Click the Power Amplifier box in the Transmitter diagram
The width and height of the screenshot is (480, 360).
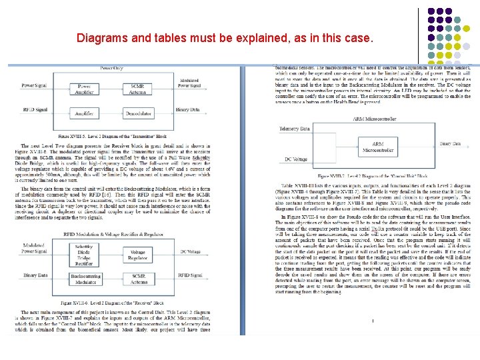click(x=84, y=89)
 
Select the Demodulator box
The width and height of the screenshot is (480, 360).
click(x=138, y=114)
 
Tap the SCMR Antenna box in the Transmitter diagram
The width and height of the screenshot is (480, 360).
click(x=138, y=89)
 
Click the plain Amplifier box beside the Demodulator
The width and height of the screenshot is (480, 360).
click(x=84, y=114)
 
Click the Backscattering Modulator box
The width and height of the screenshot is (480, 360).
click(x=84, y=279)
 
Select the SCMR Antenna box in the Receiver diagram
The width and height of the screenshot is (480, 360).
click(x=137, y=279)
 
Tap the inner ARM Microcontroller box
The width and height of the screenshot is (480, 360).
click(x=377, y=147)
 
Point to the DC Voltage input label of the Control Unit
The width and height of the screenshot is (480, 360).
click(x=296, y=159)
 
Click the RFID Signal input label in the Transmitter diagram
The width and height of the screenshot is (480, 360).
click(x=35, y=109)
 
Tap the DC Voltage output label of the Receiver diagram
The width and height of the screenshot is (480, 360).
click(x=190, y=252)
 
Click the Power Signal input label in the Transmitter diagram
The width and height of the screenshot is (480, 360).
click(x=34, y=85)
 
